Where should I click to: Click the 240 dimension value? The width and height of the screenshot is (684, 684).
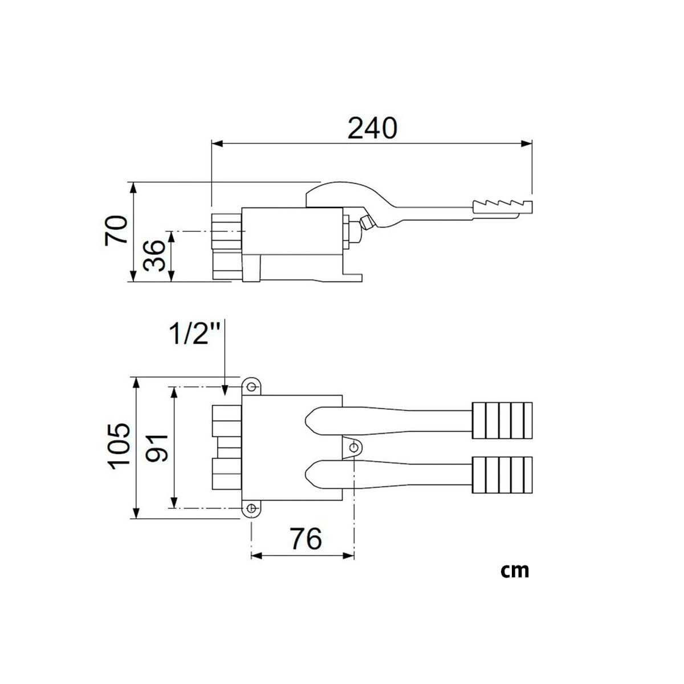click(x=372, y=128)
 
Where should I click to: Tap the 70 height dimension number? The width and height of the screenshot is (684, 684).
click(x=116, y=230)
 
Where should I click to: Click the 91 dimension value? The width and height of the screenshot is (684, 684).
click(x=157, y=448)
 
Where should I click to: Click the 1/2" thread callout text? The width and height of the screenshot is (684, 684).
click(x=195, y=333)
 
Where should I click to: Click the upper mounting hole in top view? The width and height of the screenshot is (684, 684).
click(x=251, y=386)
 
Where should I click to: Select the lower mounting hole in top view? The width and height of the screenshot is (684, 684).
click(x=251, y=508)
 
